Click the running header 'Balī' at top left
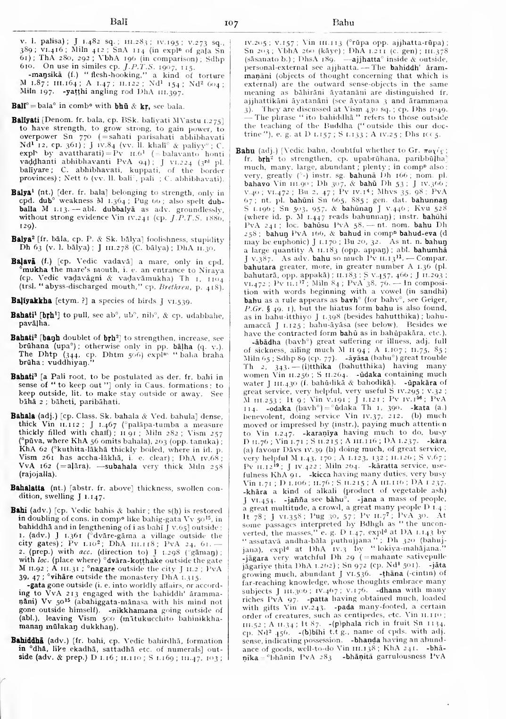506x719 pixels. (x=116, y=21)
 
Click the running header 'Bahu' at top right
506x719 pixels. (x=343, y=22)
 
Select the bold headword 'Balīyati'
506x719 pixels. (x=25, y=122)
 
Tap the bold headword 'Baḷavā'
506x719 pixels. (x=24, y=262)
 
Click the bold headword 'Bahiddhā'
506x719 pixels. (x=27, y=641)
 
